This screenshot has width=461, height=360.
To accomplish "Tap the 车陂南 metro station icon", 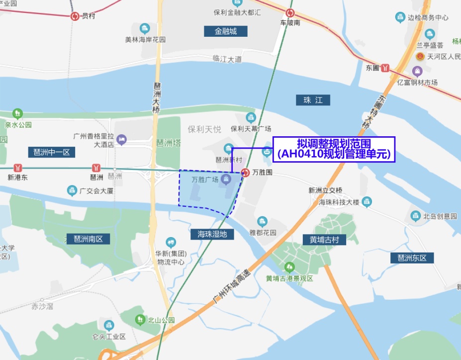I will point(290,13).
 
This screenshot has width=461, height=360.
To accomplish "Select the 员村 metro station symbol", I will point(75,16).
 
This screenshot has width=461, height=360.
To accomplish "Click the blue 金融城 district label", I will point(226,31).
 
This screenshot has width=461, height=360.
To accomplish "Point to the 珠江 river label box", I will point(313,100).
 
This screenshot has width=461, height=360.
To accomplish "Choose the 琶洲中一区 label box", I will point(52,152).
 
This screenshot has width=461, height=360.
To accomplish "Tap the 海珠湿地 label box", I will point(212,233).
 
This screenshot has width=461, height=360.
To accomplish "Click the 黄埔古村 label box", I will point(324,240).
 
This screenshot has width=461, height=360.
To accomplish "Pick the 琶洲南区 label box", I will point(88,238).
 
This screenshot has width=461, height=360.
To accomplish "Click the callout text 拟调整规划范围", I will point(334,143).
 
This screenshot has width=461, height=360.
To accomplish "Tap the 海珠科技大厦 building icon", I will point(367,202).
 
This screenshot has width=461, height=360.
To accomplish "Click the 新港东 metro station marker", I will point(18,168).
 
